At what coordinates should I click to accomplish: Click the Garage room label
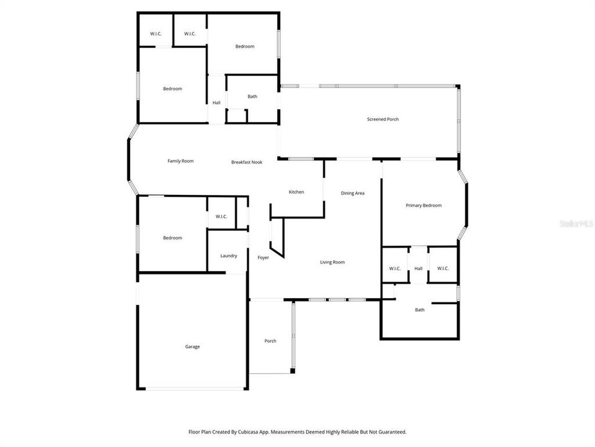pyautogui.click(x=192, y=346)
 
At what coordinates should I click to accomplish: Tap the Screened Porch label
pyautogui.click(x=382, y=119)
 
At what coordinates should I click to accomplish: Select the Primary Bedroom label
pyautogui.click(x=423, y=205)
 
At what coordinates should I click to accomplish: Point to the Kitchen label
pyautogui.click(x=296, y=192)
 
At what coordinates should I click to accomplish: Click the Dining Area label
pyautogui.click(x=352, y=193)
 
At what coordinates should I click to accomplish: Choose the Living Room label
pyautogui.click(x=332, y=262)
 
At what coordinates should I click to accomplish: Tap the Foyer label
pyautogui.click(x=263, y=258)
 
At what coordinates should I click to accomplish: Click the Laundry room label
pyautogui.click(x=228, y=256)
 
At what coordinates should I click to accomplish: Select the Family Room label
pyautogui.click(x=180, y=161)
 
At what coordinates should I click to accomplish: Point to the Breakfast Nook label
pyautogui.click(x=247, y=162)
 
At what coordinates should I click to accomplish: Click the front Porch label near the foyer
pyautogui.click(x=270, y=341)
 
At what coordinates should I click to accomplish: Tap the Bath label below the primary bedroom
pyautogui.click(x=420, y=310)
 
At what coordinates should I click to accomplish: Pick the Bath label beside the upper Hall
pyautogui.click(x=252, y=96)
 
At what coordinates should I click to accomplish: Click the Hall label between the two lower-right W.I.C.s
pyautogui.click(x=418, y=268)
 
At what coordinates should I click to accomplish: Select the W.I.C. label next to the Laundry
pyautogui.click(x=221, y=217)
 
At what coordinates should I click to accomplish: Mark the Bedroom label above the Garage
pyautogui.click(x=172, y=238)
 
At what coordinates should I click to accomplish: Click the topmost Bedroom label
pyautogui.click(x=244, y=47)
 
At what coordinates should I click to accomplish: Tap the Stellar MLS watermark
pyautogui.click(x=576, y=222)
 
